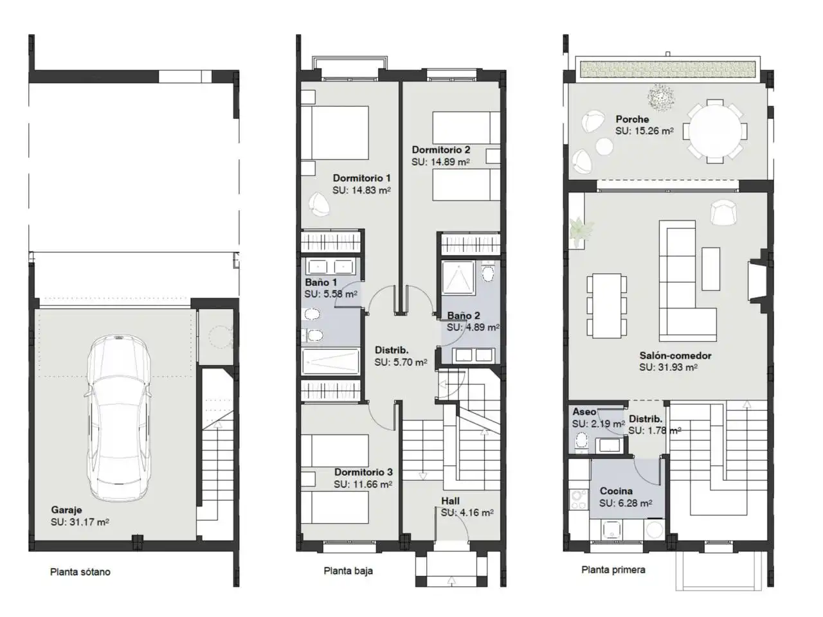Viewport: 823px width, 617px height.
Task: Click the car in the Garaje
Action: point(118,418)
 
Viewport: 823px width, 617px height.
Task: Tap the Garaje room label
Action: point(66,510)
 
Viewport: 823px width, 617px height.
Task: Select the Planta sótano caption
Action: point(80,571)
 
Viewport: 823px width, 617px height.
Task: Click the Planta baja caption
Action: point(348,571)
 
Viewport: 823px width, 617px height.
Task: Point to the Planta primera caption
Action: point(613,569)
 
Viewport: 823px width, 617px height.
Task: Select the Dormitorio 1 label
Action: point(361,178)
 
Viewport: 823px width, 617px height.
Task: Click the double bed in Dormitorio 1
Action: point(334,132)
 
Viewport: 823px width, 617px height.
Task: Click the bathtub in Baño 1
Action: point(330,361)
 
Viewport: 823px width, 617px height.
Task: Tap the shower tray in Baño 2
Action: point(458,278)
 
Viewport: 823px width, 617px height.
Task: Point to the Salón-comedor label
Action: point(675,355)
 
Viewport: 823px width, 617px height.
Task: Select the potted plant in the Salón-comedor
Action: point(581,229)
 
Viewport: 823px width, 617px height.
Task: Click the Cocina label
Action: point(616,491)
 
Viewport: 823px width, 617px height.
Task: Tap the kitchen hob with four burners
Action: point(579,500)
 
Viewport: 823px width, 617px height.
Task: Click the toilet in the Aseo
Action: point(582,440)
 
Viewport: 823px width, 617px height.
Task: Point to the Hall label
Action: point(450,501)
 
